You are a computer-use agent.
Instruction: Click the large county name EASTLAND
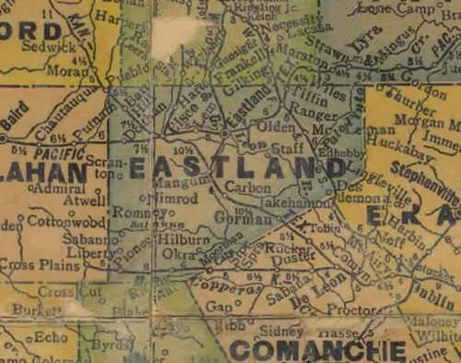[x=238, y=168]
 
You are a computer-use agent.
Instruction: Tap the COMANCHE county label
[x=317, y=350]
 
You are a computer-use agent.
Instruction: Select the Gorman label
[x=230, y=220]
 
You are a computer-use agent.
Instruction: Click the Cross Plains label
[x=37, y=264]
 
